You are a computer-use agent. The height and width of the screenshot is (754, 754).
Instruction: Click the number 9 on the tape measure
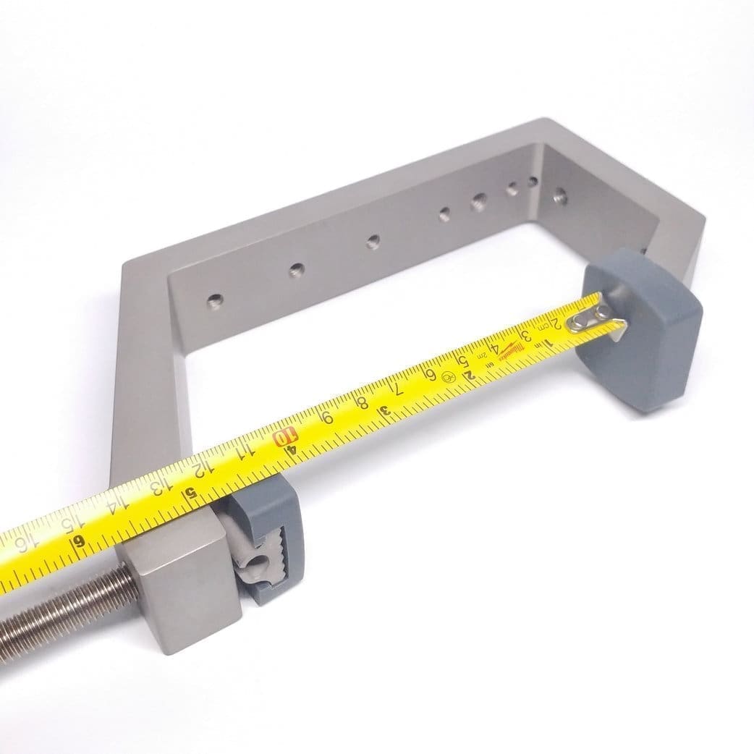tap(328, 417)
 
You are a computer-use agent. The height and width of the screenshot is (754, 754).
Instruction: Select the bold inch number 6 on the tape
tap(80, 541)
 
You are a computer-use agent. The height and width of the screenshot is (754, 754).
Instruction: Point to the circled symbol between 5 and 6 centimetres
tap(449, 378)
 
